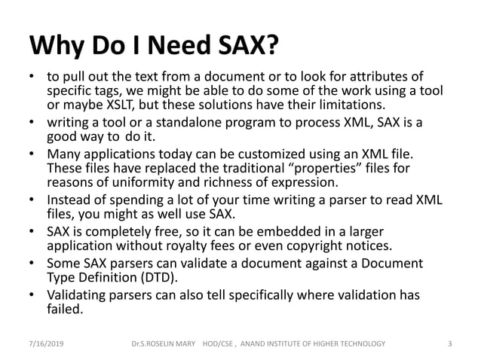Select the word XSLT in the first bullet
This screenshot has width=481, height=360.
pos(109,103)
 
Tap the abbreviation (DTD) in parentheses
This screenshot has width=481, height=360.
pos(175,279)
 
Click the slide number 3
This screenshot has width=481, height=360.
pos(449,343)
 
